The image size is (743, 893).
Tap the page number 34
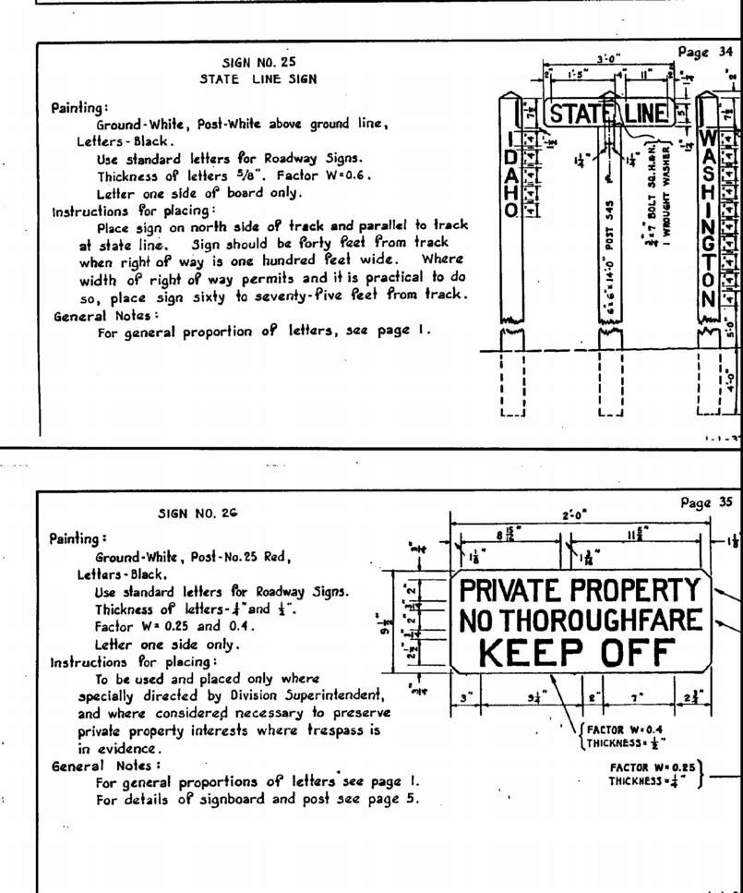tap(707, 53)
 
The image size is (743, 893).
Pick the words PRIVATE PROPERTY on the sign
tap(581, 589)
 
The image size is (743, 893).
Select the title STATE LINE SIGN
tap(258, 79)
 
